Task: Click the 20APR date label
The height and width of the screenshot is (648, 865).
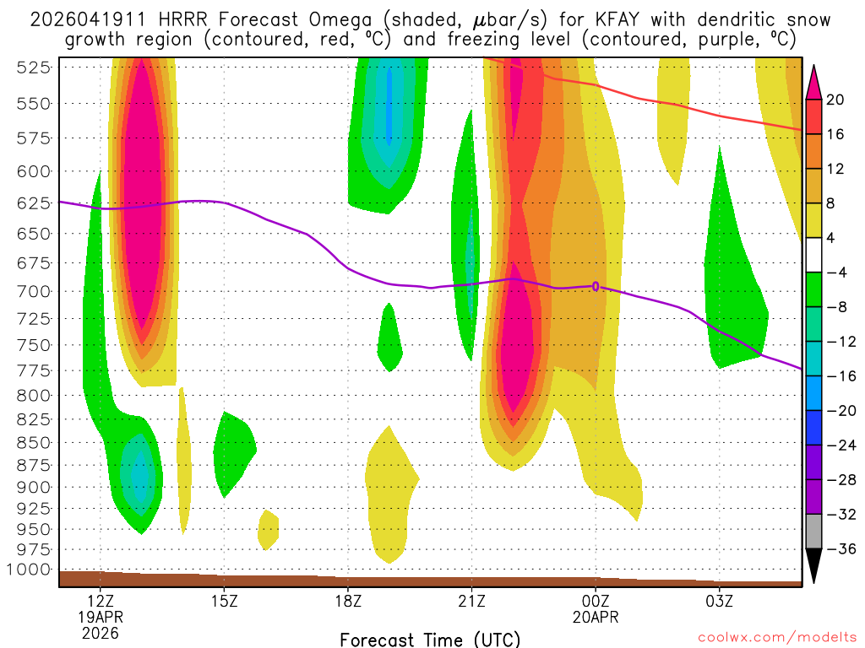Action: (x=596, y=617)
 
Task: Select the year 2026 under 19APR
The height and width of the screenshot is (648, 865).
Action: (x=101, y=632)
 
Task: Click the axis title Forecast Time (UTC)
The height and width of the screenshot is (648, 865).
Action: (x=430, y=639)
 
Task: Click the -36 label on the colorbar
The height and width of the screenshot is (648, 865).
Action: (x=841, y=549)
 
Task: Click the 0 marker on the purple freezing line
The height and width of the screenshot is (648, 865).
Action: (x=596, y=287)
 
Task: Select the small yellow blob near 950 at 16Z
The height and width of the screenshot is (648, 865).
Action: (x=269, y=528)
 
